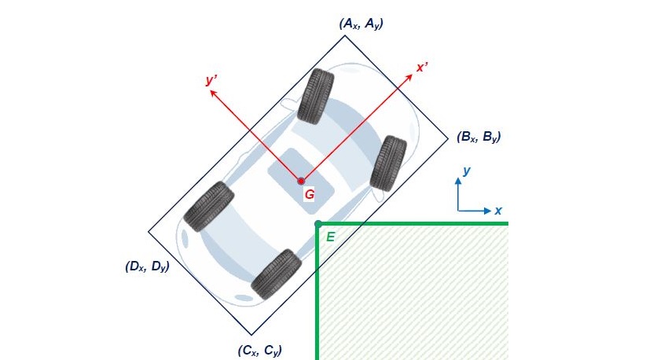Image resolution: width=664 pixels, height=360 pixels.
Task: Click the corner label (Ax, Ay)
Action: [361, 24]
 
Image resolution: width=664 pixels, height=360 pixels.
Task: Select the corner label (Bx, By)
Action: [479, 137]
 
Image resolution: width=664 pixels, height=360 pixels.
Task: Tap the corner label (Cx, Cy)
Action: [259, 350]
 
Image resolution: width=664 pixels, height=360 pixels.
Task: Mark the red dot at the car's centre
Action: [301, 181]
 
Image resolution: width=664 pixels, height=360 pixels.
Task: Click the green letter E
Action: [330, 236]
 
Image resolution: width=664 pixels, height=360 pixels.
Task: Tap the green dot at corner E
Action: [317, 224]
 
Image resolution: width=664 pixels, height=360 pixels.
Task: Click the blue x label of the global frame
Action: [498, 211]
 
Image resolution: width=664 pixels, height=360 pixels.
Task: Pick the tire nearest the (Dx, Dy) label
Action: [208, 206]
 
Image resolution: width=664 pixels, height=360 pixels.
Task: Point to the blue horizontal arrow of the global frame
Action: [475, 211]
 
